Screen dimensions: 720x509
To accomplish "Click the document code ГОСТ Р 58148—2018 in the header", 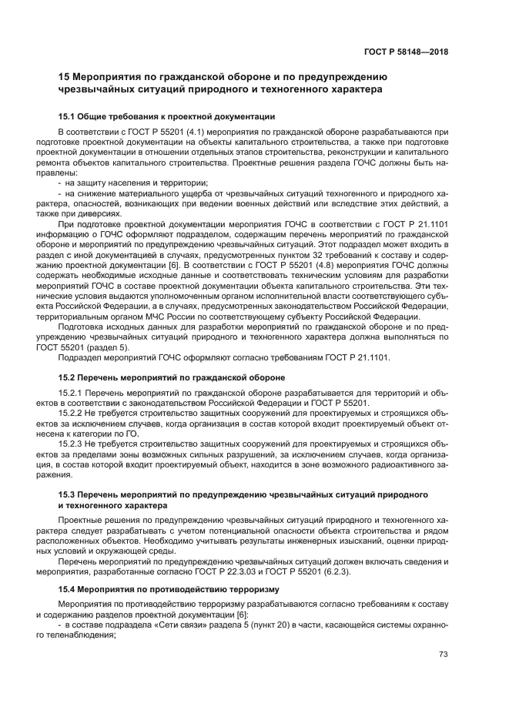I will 406,52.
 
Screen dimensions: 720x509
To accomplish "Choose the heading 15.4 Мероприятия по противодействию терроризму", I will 162,589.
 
